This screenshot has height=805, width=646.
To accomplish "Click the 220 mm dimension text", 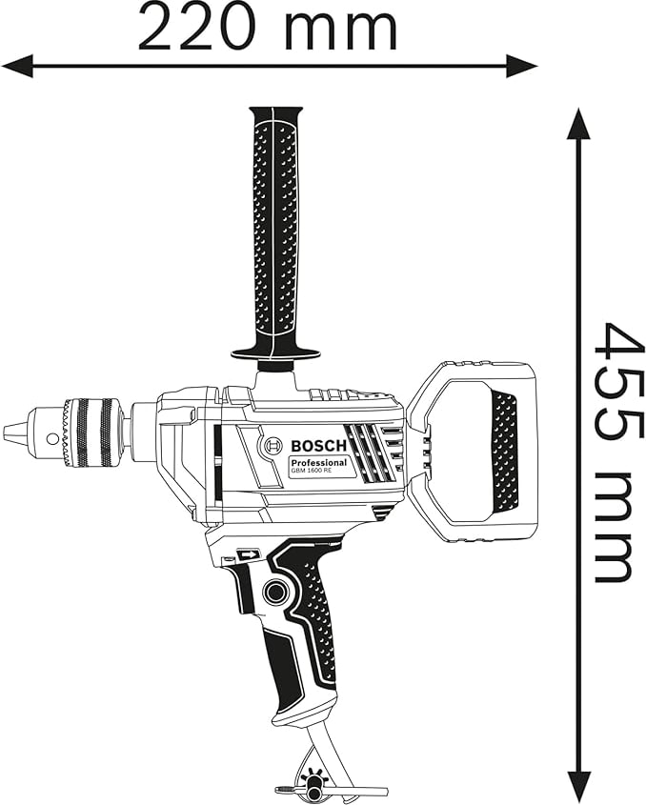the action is click(x=268, y=29).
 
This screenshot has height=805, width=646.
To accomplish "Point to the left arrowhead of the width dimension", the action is click(x=18, y=66).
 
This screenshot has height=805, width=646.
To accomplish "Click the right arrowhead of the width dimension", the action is click(x=522, y=66).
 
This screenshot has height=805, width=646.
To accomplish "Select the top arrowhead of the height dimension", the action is click(x=579, y=124).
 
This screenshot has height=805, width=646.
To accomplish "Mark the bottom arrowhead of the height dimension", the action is click(x=579, y=785).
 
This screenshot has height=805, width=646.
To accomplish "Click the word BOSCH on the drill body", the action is click(x=319, y=446).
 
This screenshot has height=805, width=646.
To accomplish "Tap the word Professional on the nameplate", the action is click(x=318, y=463).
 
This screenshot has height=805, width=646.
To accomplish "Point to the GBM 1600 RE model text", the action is click(x=312, y=472).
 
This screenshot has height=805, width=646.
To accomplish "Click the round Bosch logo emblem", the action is click(x=273, y=446).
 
